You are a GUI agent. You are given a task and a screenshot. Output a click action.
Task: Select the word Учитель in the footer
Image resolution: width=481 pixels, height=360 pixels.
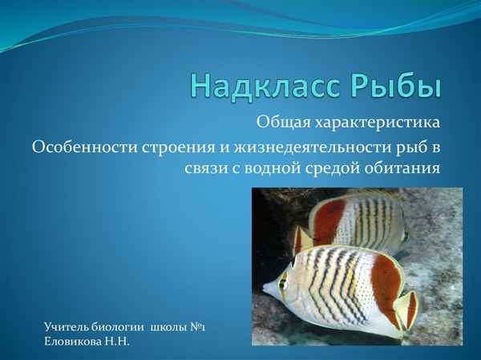coord(69,327)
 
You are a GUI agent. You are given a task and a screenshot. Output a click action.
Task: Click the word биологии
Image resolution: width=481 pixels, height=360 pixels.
coord(120,327)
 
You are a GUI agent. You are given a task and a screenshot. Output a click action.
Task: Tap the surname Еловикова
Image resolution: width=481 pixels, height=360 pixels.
coord(75,342)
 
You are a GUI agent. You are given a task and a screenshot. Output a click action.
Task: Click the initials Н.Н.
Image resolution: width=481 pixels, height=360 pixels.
coord(118,342)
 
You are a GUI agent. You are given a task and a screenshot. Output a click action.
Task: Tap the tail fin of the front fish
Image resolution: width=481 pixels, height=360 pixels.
coord(406,309)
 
